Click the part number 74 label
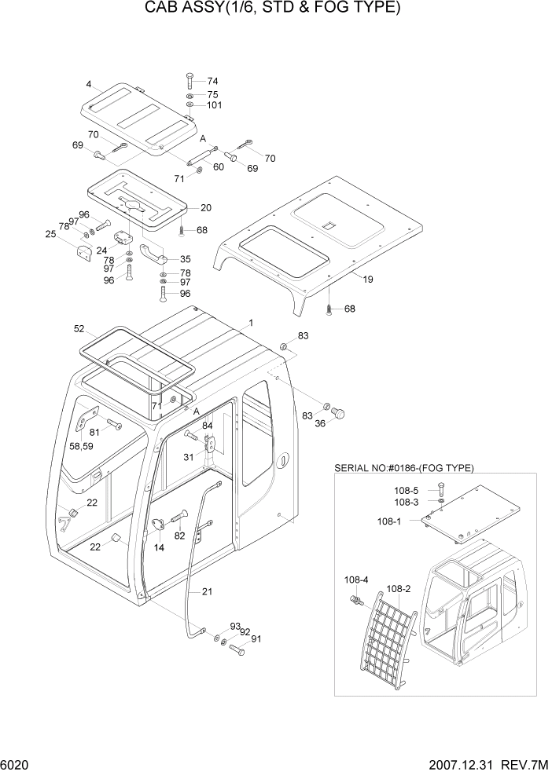212,81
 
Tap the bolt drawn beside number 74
190,80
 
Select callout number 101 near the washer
215,105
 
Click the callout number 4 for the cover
89,84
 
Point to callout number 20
205,208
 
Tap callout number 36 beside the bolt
319,423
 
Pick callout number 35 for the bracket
185,258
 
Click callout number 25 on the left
50,234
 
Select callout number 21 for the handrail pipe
207,591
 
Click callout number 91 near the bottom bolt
256,639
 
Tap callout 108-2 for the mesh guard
399,587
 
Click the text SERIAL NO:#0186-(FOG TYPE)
403,467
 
